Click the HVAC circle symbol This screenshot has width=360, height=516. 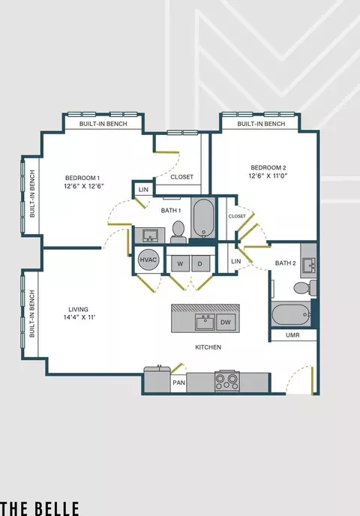[148, 259]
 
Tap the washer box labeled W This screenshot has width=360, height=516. [180, 263]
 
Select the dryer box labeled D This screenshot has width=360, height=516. [200, 263]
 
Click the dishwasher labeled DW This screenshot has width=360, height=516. [226, 322]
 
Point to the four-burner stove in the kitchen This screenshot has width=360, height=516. [226, 381]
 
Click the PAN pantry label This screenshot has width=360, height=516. [179, 382]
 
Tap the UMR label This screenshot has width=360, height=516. [292, 335]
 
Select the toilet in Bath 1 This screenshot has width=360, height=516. [178, 232]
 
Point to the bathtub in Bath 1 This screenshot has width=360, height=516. [204, 218]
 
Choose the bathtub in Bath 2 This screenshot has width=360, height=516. [291, 314]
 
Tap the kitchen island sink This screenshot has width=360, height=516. [205, 322]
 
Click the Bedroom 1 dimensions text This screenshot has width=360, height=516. [84, 186]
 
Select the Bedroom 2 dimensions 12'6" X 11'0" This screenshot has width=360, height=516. [268, 175]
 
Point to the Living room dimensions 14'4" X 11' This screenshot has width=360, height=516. [79, 317]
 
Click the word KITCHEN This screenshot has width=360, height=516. [208, 347]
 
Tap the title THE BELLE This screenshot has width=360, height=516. [40, 508]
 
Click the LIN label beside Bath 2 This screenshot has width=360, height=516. [236, 261]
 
